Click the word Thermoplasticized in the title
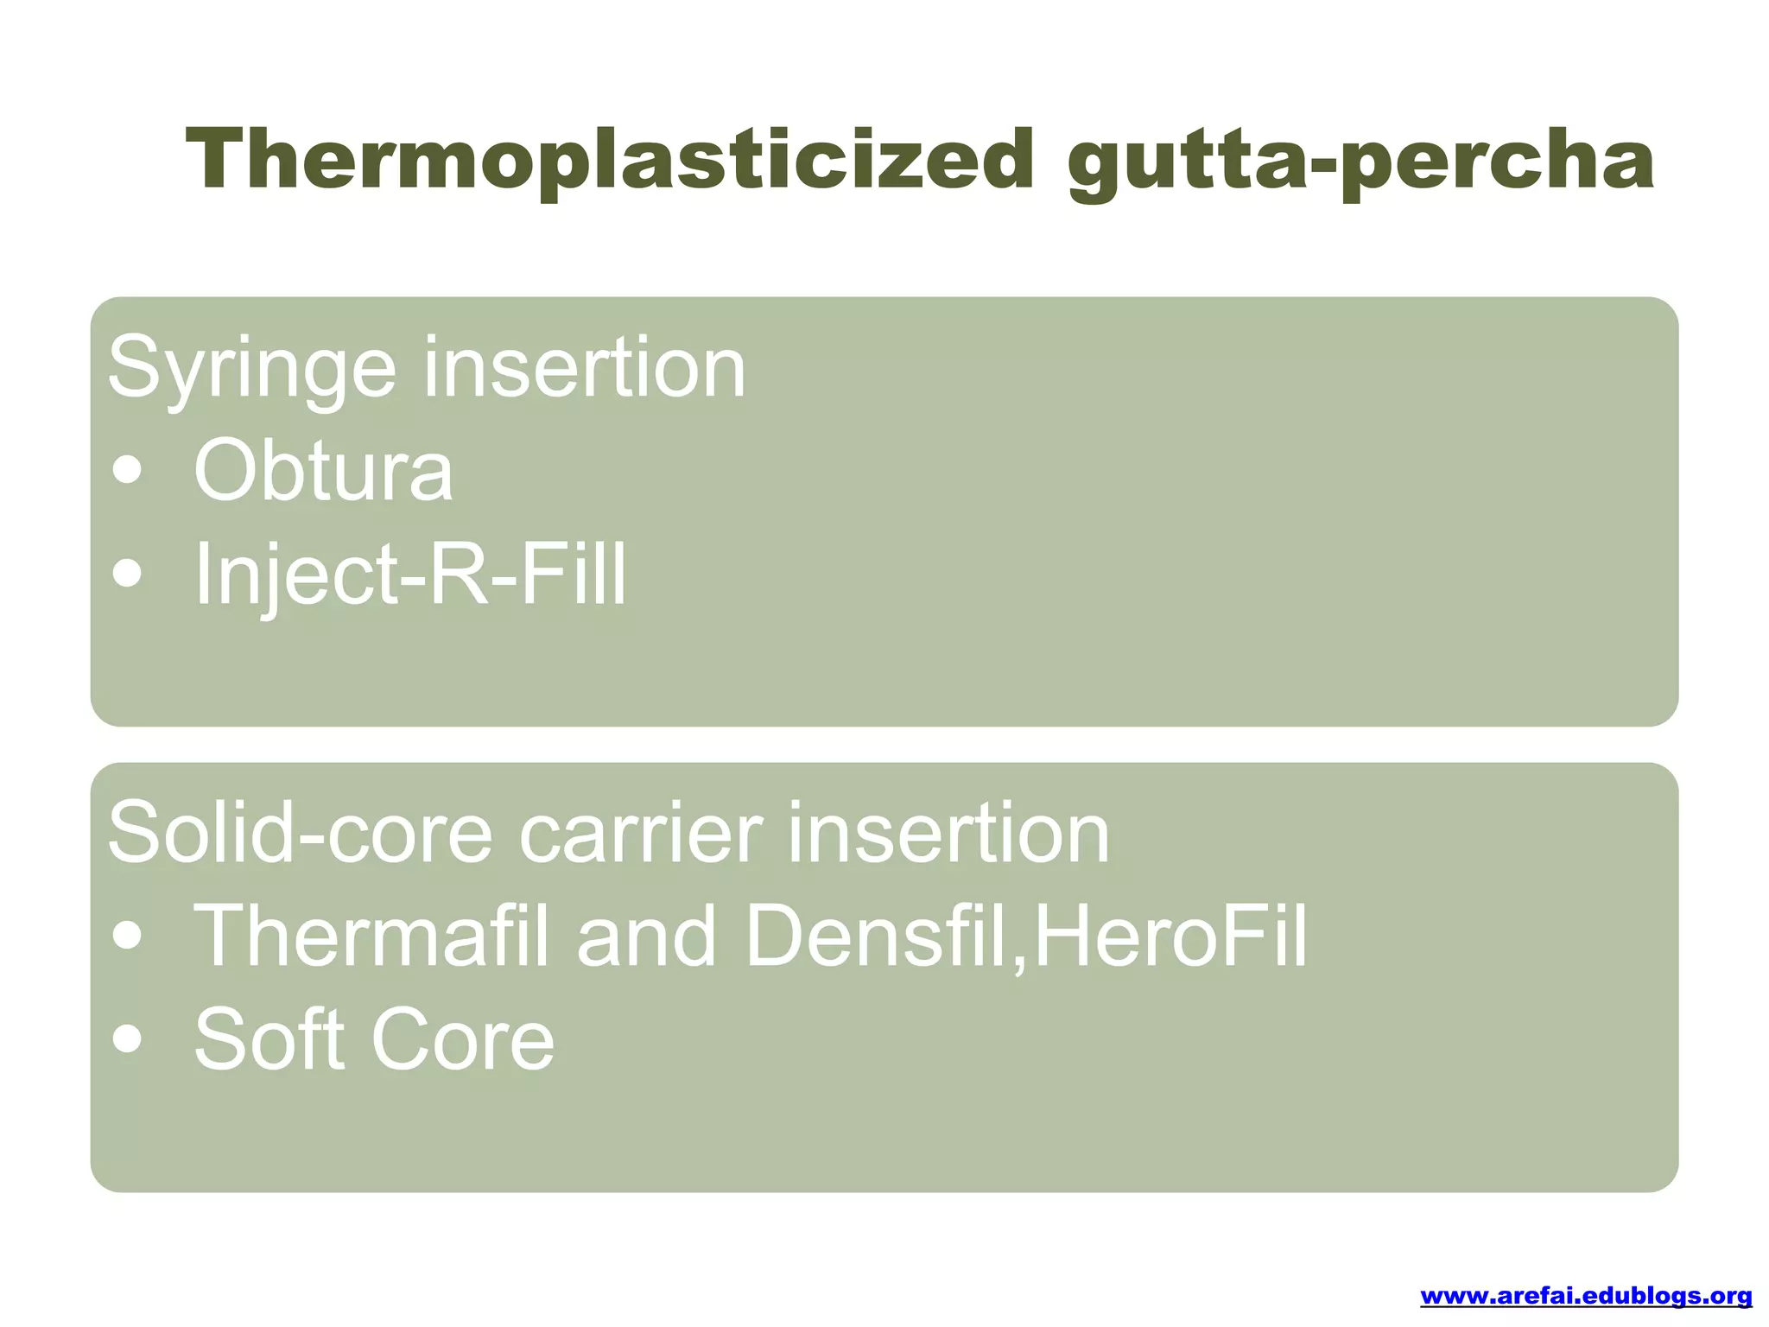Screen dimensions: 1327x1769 [609, 160]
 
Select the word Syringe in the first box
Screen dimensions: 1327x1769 [251, 370]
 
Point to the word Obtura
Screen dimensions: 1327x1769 [323, 471]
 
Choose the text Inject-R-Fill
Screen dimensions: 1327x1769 [410, 574]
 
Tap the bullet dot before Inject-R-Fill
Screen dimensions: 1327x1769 [128, 574]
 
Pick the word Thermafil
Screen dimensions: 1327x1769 [371, 936]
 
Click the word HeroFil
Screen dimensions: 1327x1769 [1170, 936]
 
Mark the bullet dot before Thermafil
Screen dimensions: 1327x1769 [128, 937]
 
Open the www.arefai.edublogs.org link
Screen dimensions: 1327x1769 [1586, 1296]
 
